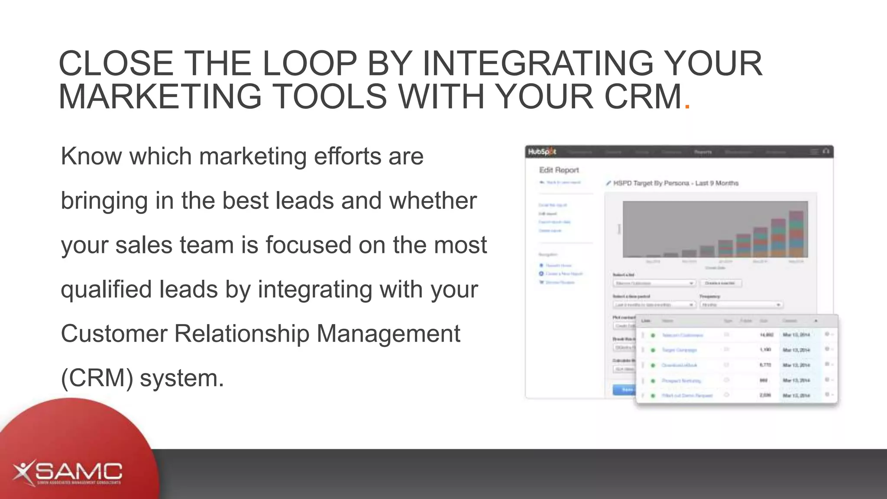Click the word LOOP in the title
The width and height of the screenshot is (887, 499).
coord(309,63)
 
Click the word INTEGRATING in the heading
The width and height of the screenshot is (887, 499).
coord(537,63)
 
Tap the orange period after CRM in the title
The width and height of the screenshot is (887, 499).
coord(687,106)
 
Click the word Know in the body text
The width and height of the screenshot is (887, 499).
coord(91,156)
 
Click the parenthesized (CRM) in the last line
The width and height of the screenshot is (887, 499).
coord(97,378)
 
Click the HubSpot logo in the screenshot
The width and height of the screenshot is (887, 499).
coord(541,152)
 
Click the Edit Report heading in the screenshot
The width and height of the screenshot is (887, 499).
coord(559,170)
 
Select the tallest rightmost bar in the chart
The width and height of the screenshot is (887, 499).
coord(796,234)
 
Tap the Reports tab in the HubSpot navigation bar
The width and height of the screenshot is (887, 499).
coord(702,152)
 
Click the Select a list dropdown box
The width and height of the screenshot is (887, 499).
coord(654,283)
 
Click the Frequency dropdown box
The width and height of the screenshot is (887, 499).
coord(741,305)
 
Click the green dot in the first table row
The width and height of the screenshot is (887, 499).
coord(653,335)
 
